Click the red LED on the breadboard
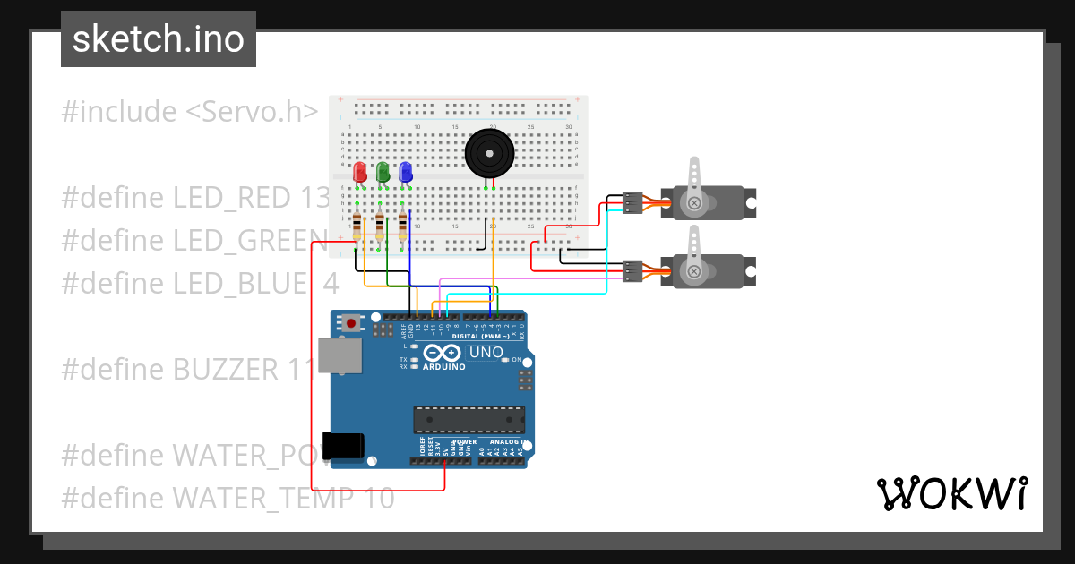tap(360, 172)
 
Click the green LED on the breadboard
tap(383, 172)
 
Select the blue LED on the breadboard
tap(406, 172)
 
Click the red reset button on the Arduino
tap(352, 322)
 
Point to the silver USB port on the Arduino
tap(341, 355)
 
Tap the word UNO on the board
tap(486, 353)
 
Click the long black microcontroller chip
tap(469, 420)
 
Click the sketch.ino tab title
tap(159, 39)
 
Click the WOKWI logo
tap(951, 493)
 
